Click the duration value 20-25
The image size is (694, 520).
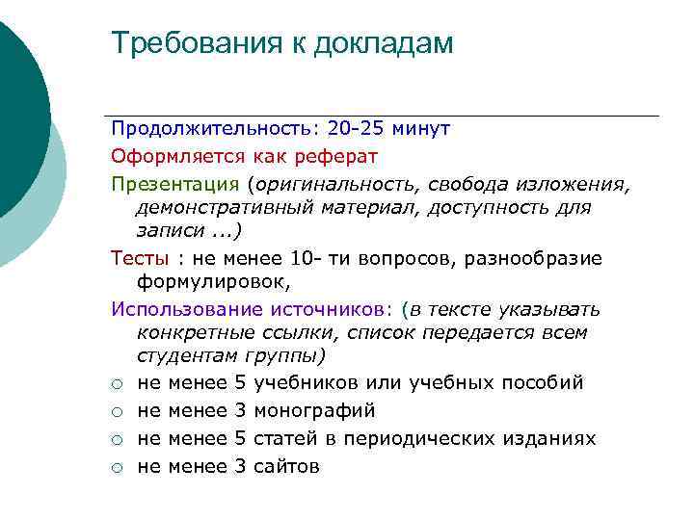click(x=356, y=128)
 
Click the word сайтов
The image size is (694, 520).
click(x=286, y=467)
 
